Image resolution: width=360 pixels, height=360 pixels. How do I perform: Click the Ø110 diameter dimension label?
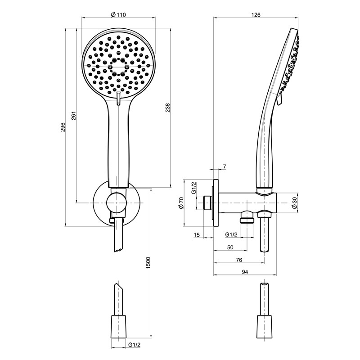click(x=118, y=15)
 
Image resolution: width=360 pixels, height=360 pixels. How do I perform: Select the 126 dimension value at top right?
click(x=256, y=15)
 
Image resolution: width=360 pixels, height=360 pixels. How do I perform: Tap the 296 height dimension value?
click(x=63, y=127)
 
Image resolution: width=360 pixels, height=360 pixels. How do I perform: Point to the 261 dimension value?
click(x=73, y=116)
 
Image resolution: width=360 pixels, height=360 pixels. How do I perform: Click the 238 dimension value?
click(x=167, y=108)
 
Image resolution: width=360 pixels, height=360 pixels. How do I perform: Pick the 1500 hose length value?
click(x=148, y=263)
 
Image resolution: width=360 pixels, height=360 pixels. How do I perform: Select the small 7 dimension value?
click(x=225, y=166)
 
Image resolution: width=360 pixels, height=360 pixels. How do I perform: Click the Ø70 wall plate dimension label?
click(x=181, y=203)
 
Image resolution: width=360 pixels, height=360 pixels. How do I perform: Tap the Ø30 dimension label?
click(x=295, y=203)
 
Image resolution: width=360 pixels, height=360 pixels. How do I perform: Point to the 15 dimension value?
click(x=197, y=234)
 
